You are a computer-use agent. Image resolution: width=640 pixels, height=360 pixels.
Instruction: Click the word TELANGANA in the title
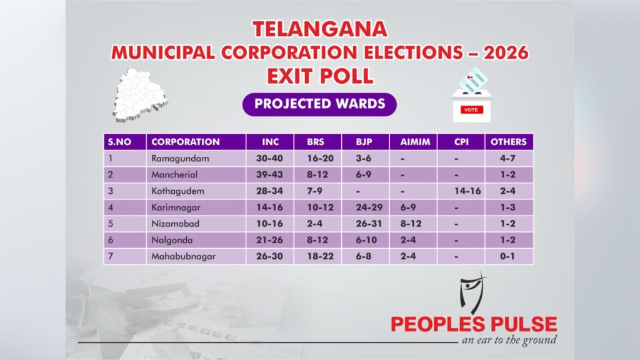[320, 29]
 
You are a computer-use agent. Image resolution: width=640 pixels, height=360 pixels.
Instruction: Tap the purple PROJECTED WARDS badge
[319, 104]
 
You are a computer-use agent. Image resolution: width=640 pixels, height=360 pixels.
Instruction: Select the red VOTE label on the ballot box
[471, 110]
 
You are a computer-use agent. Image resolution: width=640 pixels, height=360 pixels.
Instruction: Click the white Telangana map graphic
[140, 95]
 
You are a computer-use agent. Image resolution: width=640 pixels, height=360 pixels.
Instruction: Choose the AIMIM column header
[415, 142]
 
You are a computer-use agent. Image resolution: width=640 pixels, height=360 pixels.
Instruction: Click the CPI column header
[461, 142]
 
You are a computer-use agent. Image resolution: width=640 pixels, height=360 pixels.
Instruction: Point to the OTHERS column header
[509, 142]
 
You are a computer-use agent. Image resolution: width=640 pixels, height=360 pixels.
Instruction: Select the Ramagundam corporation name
[180, 158]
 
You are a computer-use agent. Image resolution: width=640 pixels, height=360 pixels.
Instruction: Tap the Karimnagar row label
[176, 207]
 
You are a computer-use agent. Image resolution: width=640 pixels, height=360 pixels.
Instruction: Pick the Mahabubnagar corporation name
[183, 256]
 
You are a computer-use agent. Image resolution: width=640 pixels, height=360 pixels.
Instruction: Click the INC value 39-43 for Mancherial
[269, 175]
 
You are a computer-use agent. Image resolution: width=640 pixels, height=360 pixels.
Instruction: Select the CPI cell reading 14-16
[467, 191]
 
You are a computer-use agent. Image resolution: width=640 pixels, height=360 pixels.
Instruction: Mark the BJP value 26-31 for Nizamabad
[369, 224]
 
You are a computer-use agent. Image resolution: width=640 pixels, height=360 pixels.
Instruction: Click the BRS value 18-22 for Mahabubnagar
[321, 256]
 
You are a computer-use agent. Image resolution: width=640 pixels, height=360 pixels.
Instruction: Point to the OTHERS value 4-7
[507, 158]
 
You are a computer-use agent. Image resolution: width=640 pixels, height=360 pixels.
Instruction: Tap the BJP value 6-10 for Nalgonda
[366, 240]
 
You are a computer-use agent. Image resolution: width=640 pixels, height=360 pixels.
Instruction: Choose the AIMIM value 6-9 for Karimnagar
[408, 207]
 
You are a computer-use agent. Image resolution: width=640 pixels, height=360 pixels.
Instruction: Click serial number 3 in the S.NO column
[110, 191]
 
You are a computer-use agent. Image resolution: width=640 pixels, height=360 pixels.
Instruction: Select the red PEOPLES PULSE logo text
[474, 324]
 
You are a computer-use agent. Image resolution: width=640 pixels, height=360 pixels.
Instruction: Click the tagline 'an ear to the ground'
[509, 340]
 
